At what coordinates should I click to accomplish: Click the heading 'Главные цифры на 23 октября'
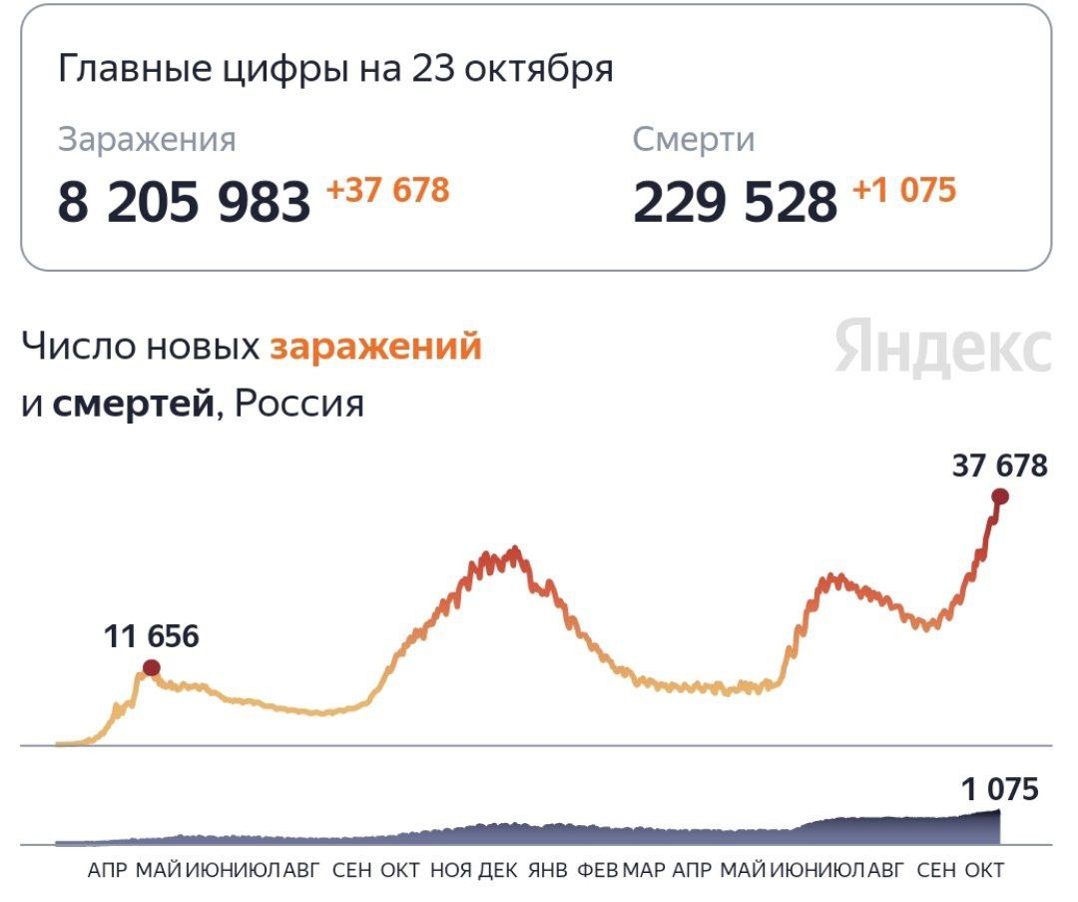point(334,70)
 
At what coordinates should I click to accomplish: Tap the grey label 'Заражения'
point(147,140)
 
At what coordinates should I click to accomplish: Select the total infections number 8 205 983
point(184,202)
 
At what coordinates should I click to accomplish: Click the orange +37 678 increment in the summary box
point(388,190)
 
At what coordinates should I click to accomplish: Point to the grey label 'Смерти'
point(694,140)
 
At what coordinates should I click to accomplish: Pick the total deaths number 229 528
point(735,202)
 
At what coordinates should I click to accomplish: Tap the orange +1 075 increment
point(904,190)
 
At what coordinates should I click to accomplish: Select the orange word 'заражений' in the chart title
point(376,347)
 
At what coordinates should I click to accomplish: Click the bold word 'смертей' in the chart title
point(133,405)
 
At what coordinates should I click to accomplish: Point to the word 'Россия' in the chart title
point(298,405)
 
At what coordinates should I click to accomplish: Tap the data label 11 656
point(151,636)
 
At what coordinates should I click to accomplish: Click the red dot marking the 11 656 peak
point(151,667)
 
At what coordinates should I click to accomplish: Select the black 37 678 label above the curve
point(999,465)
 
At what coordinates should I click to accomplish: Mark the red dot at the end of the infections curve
point(999,496)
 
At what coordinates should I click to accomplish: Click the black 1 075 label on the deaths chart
point(999,790)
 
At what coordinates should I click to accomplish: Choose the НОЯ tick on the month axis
point(451,870)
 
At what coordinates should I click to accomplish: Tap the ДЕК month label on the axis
point(498,870)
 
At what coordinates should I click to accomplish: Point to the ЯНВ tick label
point(547,870)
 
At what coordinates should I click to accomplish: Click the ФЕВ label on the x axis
point(598,870)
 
